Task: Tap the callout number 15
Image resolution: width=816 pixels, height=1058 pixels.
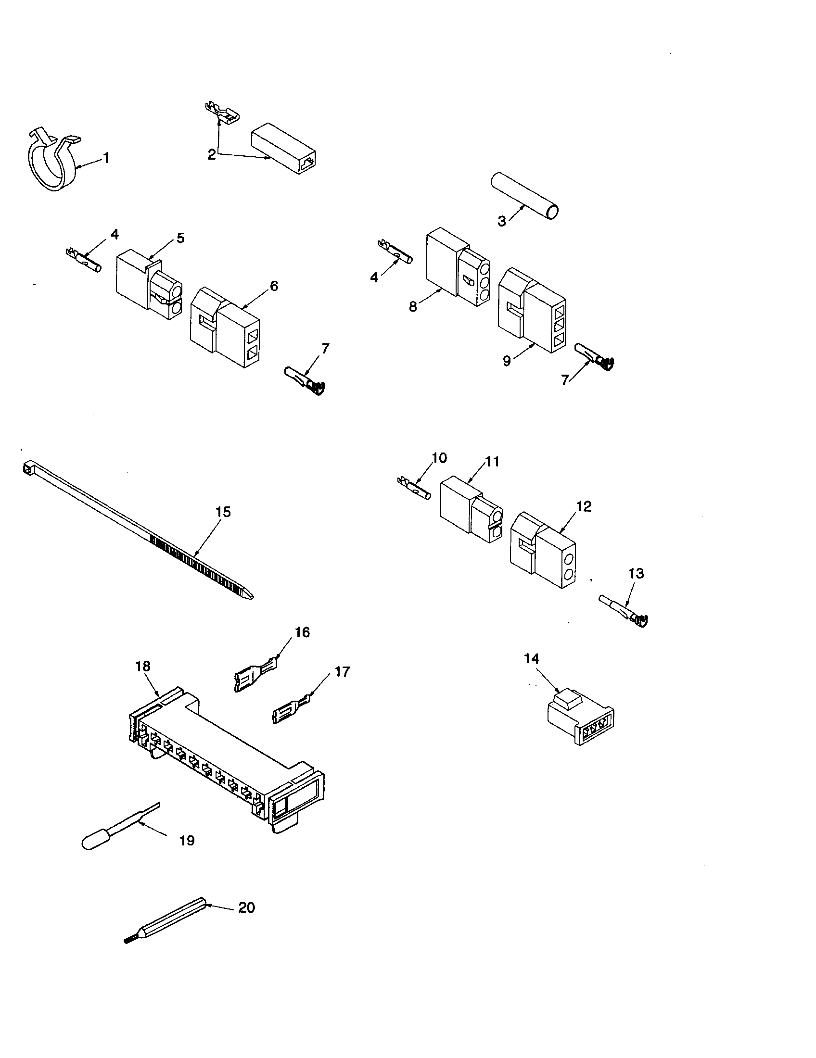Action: [x=223, y=512]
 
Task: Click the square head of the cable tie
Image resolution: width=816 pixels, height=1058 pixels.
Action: [x=27, y=467]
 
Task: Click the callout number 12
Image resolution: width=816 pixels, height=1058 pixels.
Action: [x=585, y=507]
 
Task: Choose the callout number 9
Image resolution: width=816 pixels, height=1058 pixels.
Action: [x=507, y=361]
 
